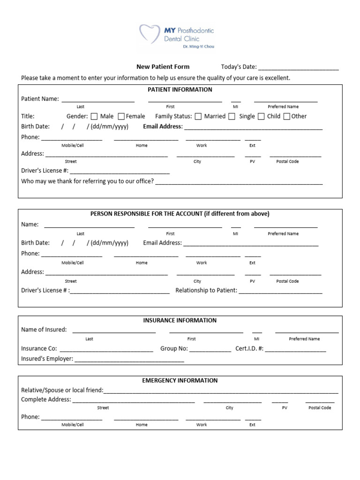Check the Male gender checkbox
point(94,116)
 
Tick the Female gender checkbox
point(121,116)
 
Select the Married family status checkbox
point(198,116)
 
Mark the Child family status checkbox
point(261,116)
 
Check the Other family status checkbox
point(287,116)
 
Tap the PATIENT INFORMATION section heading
point(180,90)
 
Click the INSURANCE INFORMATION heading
point(180,321)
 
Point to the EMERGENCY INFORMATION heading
point(180,381)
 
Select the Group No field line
point(210,350)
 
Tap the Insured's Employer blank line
point(129,360)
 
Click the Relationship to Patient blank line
point(281,292)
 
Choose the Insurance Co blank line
point(106,350)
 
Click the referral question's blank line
point(239,183)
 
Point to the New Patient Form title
point(163,67)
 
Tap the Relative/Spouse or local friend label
point(62,390)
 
